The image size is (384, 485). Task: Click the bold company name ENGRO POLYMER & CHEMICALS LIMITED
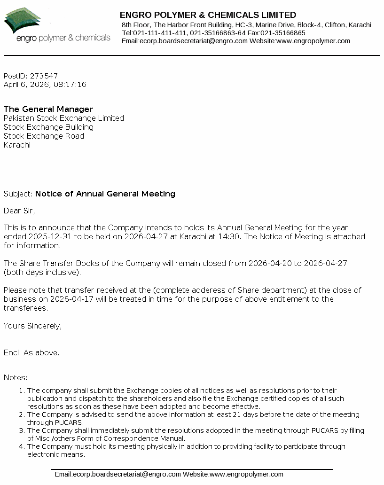click(208, 15)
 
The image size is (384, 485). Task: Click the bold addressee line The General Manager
click(48, 109)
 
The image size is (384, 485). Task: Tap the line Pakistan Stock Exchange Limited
click(64, 118)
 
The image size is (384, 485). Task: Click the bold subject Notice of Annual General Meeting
click(105, 194)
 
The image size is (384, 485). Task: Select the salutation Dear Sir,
click(19, 211)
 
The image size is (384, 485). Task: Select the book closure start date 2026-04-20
click(270, 263)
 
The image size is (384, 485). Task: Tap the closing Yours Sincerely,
click(32, 326)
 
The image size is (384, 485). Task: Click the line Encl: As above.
click(31, 352)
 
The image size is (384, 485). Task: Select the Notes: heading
click(16, 377)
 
